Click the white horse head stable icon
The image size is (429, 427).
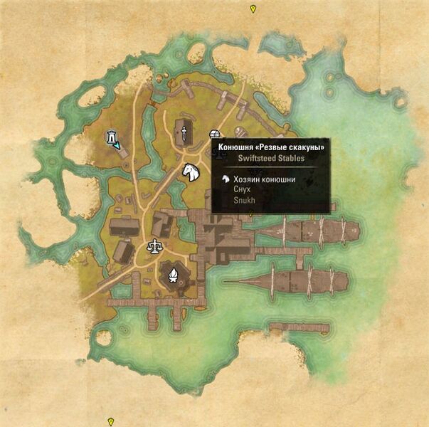tap(190, 172)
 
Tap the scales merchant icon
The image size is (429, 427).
tap(153, 246)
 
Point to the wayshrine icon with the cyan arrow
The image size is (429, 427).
tap(112, 139)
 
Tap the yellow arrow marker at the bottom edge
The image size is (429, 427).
tap(110, 421)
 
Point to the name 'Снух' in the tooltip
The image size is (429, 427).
tap(242, 190)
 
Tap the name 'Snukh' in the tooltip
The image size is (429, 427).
tap(243, 201)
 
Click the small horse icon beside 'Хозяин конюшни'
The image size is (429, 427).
tap(226, 179)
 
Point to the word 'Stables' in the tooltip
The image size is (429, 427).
tap(290, 158)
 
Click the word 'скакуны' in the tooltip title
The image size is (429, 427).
tap(307, 147)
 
